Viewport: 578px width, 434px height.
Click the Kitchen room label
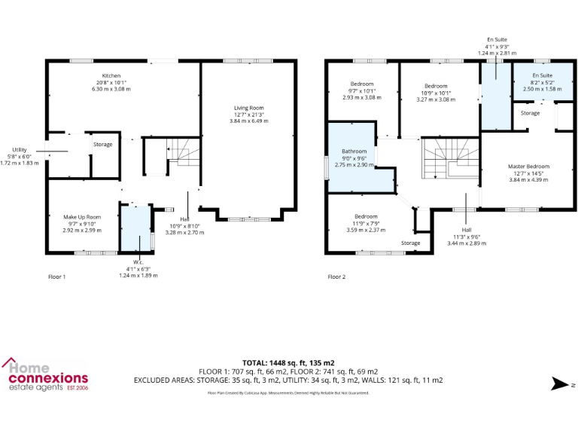(x=111, y=76)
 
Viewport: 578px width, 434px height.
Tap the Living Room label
(x=248, y=108)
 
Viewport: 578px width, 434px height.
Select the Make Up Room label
(x=82, y=217)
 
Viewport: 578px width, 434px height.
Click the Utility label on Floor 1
(x=19, y=149)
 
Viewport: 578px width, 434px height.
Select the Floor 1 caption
(x=56, y=277)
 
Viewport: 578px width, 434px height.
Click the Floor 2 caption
(x=336, y=277)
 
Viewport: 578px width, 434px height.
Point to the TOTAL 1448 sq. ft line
(x=288, y=362)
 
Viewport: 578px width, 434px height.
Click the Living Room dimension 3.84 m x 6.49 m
(x=248, y=121)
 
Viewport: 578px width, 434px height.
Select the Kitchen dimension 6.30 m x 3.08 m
(x=111, y=89)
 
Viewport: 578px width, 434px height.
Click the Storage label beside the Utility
(x=102, y=144)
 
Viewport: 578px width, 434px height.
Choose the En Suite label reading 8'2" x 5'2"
(x=542, y=76)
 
